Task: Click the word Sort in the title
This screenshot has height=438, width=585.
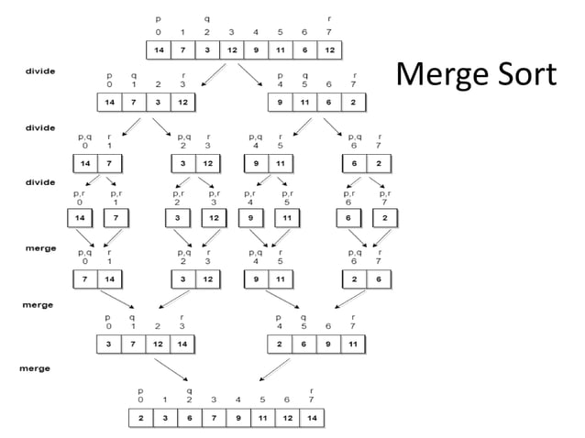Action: [x=524, y=74]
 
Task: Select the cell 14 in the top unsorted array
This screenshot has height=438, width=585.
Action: [x=159, y=49]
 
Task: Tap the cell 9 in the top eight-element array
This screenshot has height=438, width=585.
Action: [x=256, y=49]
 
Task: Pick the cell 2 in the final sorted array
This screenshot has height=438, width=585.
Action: [x=139, y=417]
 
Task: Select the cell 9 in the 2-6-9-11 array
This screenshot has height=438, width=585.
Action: [x=327, y=344]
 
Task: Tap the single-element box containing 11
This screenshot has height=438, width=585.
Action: [x=287, y=219]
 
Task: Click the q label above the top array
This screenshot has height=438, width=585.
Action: [x=207, y=18]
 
